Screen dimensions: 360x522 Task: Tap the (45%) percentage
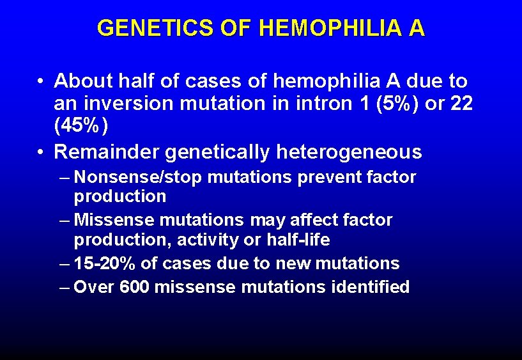[81, 125]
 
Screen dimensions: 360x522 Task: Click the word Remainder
[107, 152]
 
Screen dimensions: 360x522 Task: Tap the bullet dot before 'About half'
[40, 82]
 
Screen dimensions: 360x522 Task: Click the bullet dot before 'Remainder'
[40, 153]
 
